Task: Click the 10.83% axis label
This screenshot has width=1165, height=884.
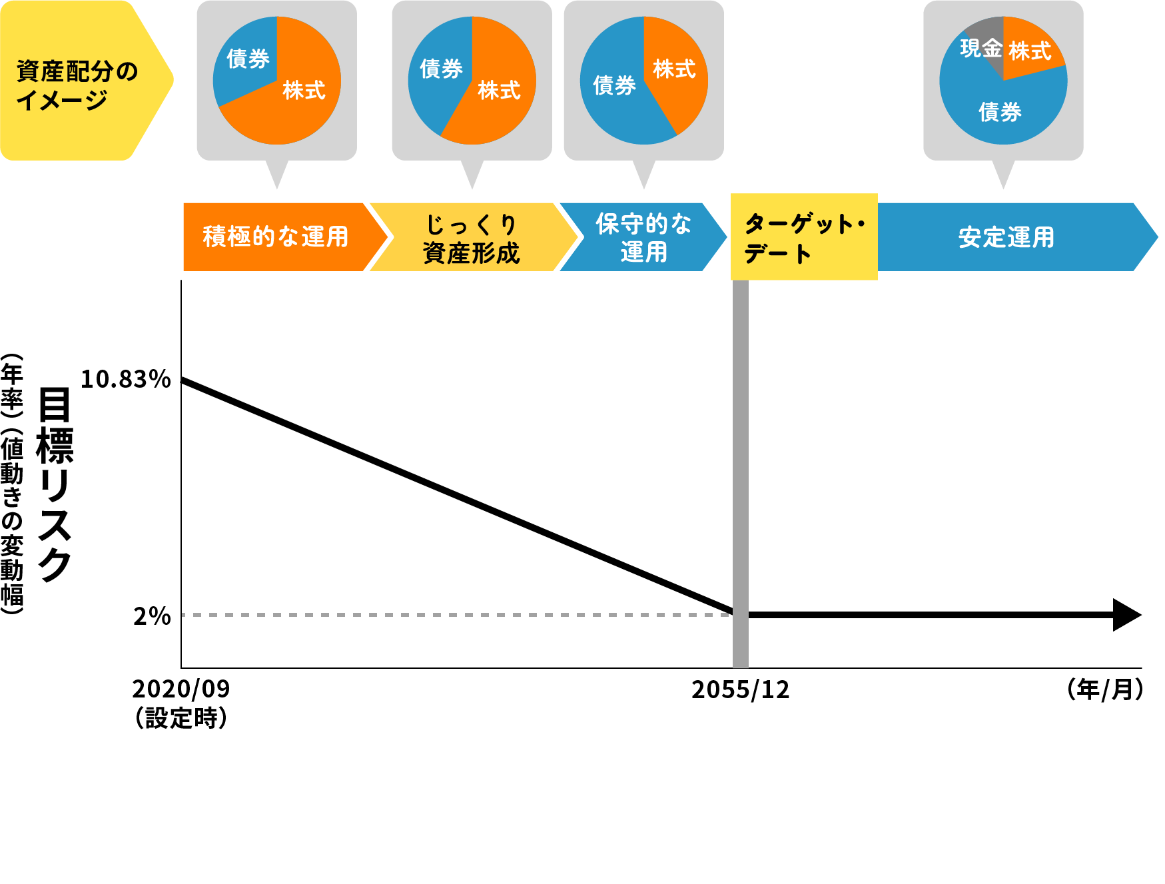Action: (125, 379)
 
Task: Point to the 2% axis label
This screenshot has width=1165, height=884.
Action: (152, 616)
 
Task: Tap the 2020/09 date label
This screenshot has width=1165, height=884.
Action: (181, 689)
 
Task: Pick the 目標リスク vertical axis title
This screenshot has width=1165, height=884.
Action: (55, 484)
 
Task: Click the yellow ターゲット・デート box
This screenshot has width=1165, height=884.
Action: (803, 237)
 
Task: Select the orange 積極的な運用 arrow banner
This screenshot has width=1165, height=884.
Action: (275, 237)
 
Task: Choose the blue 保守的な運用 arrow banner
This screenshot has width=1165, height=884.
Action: (643, 237)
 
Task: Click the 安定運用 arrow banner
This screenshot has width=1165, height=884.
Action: (1006, 237)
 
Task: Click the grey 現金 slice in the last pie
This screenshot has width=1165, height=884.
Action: (982, 47)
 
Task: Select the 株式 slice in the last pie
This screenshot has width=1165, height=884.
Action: (1030, 51)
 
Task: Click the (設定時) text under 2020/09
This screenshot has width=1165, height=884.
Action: (181, 718)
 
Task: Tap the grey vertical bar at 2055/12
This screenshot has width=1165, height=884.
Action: (740, 466)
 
